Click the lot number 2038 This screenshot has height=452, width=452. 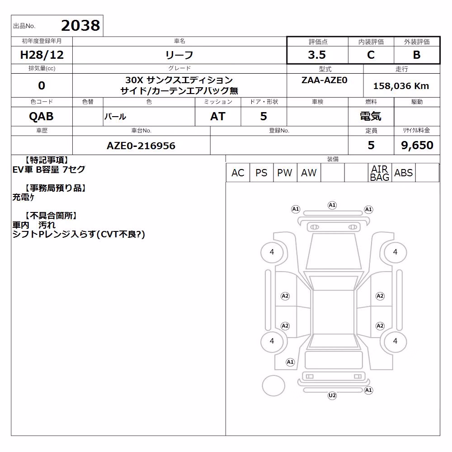(80, 25)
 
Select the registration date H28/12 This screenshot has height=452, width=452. (42, 55)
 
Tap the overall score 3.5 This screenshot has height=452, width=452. (317, 55)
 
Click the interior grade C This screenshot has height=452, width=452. (371, 55)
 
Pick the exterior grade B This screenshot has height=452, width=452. (417, 55)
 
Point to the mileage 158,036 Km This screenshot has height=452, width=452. (401, 86)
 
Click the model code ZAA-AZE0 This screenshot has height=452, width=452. (324, 80)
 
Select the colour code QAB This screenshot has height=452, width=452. (41, 116)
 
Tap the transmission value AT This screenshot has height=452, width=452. (218, 116)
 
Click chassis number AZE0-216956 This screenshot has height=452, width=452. (141, 146)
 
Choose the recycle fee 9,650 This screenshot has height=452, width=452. (417, 145)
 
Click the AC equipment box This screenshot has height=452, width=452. (238, 173)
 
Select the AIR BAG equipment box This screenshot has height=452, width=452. (380, 173)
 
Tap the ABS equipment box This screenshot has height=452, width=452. (403, 173)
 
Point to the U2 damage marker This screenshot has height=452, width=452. (332, 395)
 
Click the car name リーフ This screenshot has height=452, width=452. (179, 55)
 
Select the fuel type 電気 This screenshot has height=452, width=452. (371, 116)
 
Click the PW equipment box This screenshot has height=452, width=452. (285, 173)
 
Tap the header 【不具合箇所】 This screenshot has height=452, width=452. (51, 216)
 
